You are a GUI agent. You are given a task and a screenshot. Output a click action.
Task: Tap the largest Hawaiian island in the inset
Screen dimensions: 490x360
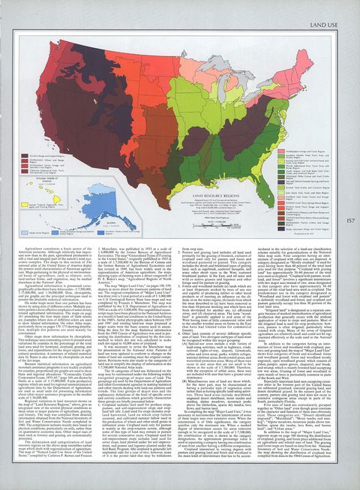coord(56,199)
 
